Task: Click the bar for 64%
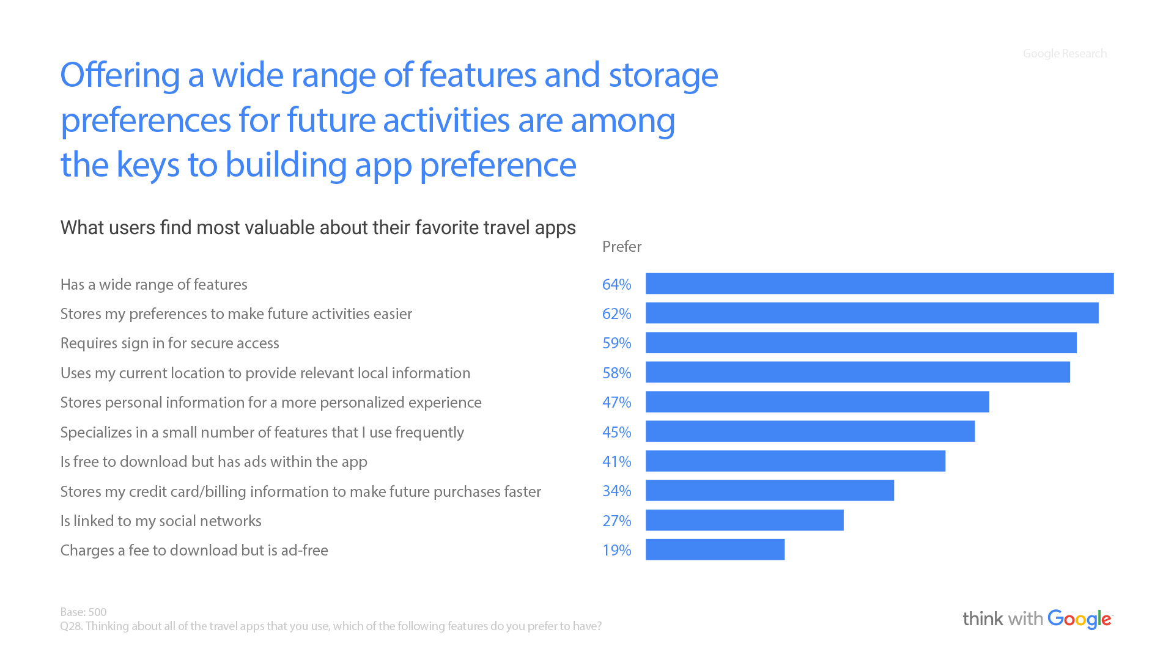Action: tap(879, 284)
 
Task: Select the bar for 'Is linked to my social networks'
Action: tap(745, 520)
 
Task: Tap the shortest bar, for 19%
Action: tap(715, 549)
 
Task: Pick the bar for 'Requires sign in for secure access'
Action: tap(861, 343)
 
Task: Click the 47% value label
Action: tap(616, 402)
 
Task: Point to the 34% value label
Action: tap(616, 491)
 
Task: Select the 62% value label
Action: tap(616, 313)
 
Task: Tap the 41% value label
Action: tap(616, 461)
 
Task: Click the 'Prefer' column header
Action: tap(622, 246)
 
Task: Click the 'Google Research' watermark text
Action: tap(1065, 54)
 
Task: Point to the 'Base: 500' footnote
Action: tap(83, 612)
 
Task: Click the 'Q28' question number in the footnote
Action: tap(71, 626)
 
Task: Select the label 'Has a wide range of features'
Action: tap(153, 284)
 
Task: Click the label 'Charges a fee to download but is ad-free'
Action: tap(194, 550)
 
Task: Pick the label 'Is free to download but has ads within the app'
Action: tap(213, 461)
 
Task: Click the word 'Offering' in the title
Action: tap(120, 75)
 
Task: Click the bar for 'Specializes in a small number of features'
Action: tap(810, 431)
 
